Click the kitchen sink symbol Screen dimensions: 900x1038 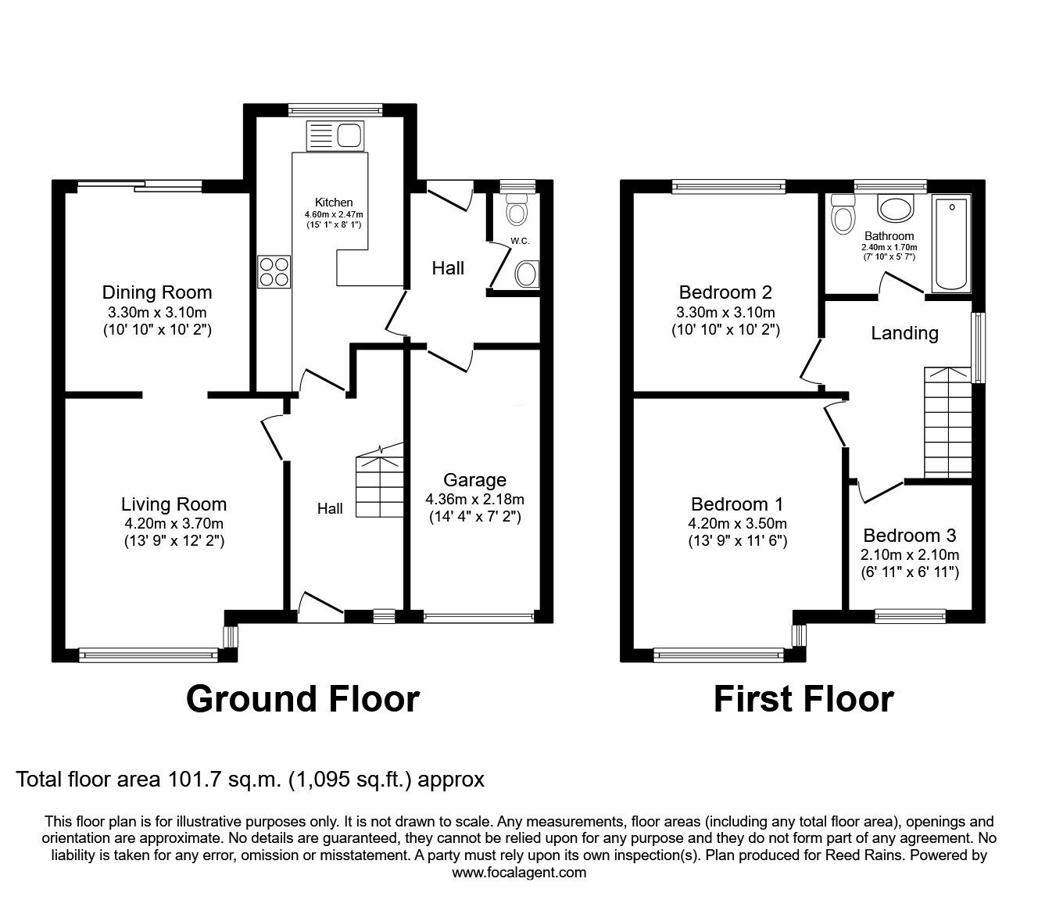pyautogui.click(x=335, y=136)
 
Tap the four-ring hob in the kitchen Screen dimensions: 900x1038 pyautogui.click(x=274, y=273)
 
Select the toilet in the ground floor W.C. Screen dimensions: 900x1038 pyautogui.click(x=516, y=210)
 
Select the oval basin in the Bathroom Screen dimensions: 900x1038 pyautogui.click(x=895, y=210)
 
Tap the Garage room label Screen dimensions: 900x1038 pyautogui.click(x=474, y=480)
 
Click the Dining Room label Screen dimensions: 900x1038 pyautogui.click(x=157, y=292)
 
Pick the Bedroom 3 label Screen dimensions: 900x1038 pyautogui.click(x=910, y=536)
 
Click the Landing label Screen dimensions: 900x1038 pyautogui.click(x=904, y=333)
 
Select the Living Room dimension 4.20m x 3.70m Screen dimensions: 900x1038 pyautogui.click(x=174, y=524)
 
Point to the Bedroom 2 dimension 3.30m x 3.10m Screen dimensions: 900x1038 pyautogui.click(x=725, y=312)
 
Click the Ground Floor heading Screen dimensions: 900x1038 pyautogui.click(x=302, y=698)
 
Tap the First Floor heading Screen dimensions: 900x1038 pyautogui.click(x=804, y=698)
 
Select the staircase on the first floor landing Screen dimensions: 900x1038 pyautogui.click(x=947, y=422)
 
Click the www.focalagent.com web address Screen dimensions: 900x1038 pyautogui.click(x=518, y=873)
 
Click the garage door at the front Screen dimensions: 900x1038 pyautogui.click(x=478, y=617)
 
